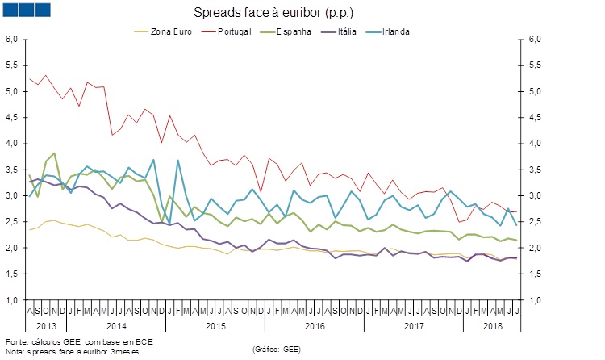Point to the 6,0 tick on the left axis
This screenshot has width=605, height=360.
[12, 40]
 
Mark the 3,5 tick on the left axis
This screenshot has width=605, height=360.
[12, 170]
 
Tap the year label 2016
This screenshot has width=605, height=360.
[315, 325]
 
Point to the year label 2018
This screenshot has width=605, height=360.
[493, 325]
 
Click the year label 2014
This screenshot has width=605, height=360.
[117, 325]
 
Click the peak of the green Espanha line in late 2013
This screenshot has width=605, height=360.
[54, 153]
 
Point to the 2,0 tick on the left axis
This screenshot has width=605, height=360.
[12, 248]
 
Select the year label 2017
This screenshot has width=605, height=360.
[413, 325]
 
